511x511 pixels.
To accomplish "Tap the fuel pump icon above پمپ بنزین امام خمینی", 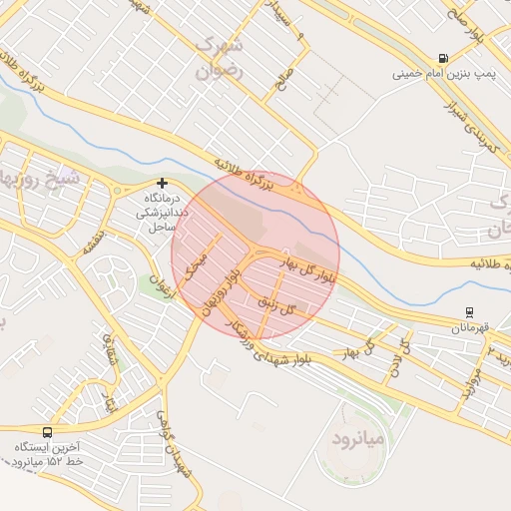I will coord(442,58).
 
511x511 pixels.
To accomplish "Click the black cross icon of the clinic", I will coord(162,184).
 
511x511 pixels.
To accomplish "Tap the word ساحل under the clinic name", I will coord(162,229).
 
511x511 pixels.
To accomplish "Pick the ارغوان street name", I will coord(158,284).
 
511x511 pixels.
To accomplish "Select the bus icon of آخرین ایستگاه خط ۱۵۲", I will coord(47,431).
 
